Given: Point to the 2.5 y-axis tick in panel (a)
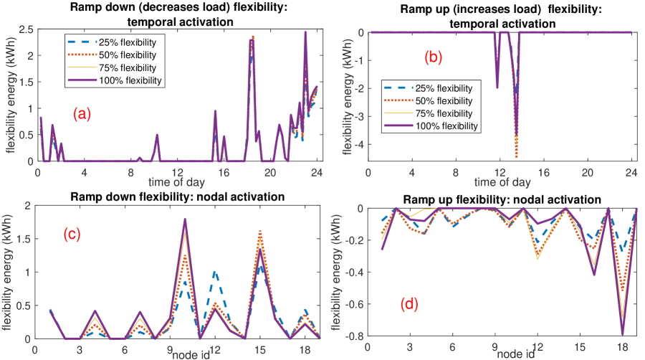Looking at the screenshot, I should tap(24, 29).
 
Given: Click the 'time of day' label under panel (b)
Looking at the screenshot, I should tap(500, 182).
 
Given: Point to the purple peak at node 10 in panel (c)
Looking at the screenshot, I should tap(185, 219).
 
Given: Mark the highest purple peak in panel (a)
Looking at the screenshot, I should tap(305, 32).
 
